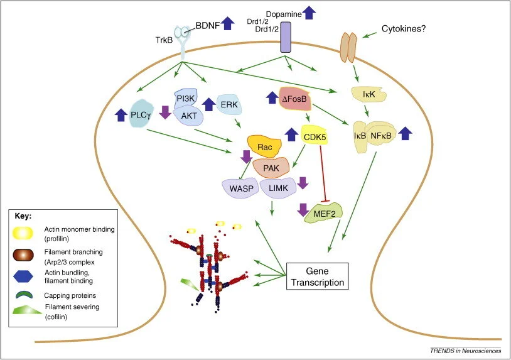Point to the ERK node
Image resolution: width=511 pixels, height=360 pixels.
[229, 104]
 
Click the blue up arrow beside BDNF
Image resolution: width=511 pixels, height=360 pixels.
[228, 23]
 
